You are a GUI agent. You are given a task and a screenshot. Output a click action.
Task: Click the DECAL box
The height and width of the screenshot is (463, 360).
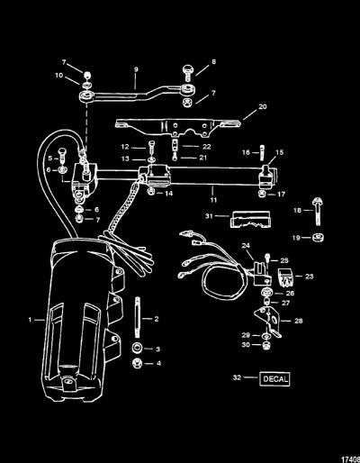tap(274, 379)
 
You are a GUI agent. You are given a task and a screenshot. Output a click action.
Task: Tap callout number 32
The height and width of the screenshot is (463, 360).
tap(237, 377)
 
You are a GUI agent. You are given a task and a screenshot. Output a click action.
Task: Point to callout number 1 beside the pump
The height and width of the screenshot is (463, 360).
tap(30, 320)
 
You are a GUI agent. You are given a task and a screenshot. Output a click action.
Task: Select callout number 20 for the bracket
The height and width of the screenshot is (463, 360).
tap(263, 106)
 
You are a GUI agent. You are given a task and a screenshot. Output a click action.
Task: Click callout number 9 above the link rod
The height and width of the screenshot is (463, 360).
tap(136, 69)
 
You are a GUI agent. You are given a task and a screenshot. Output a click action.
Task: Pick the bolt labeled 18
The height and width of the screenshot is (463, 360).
tap(318, 212)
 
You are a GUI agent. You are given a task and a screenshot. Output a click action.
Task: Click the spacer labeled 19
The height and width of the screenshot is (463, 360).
tap(317, 238)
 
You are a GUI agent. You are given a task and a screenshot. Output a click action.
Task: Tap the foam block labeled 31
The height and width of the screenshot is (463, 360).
tap(250, 219)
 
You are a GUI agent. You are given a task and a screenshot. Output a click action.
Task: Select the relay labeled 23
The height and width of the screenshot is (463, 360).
tap(285, 277)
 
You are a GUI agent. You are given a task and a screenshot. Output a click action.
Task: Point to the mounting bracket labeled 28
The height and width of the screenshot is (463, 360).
tap(268, 322)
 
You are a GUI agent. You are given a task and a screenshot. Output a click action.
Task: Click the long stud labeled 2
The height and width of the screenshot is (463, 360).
tap(138, 317)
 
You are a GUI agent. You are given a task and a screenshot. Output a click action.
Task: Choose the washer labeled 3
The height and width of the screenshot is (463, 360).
tap(137, 349)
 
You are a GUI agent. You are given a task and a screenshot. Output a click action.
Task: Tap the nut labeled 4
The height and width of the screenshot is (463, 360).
tap(137, 364)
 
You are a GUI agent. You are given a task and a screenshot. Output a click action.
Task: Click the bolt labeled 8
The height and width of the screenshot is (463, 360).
tap(188, 73)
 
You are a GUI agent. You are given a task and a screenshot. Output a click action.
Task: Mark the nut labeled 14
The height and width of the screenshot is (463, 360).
tap(151, 192)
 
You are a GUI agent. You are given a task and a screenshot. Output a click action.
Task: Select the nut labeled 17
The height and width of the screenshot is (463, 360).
tap(262, 194)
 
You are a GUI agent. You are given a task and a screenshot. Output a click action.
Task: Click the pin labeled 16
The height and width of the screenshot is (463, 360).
tap(263, 153)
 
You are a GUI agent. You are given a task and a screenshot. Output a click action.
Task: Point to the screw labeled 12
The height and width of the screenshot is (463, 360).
tap(151, 147)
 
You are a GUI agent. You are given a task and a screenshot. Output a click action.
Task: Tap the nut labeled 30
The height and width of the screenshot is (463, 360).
tap(265, 346)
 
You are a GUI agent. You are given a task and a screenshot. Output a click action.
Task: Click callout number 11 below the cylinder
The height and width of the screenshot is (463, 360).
tap(213, 200)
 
